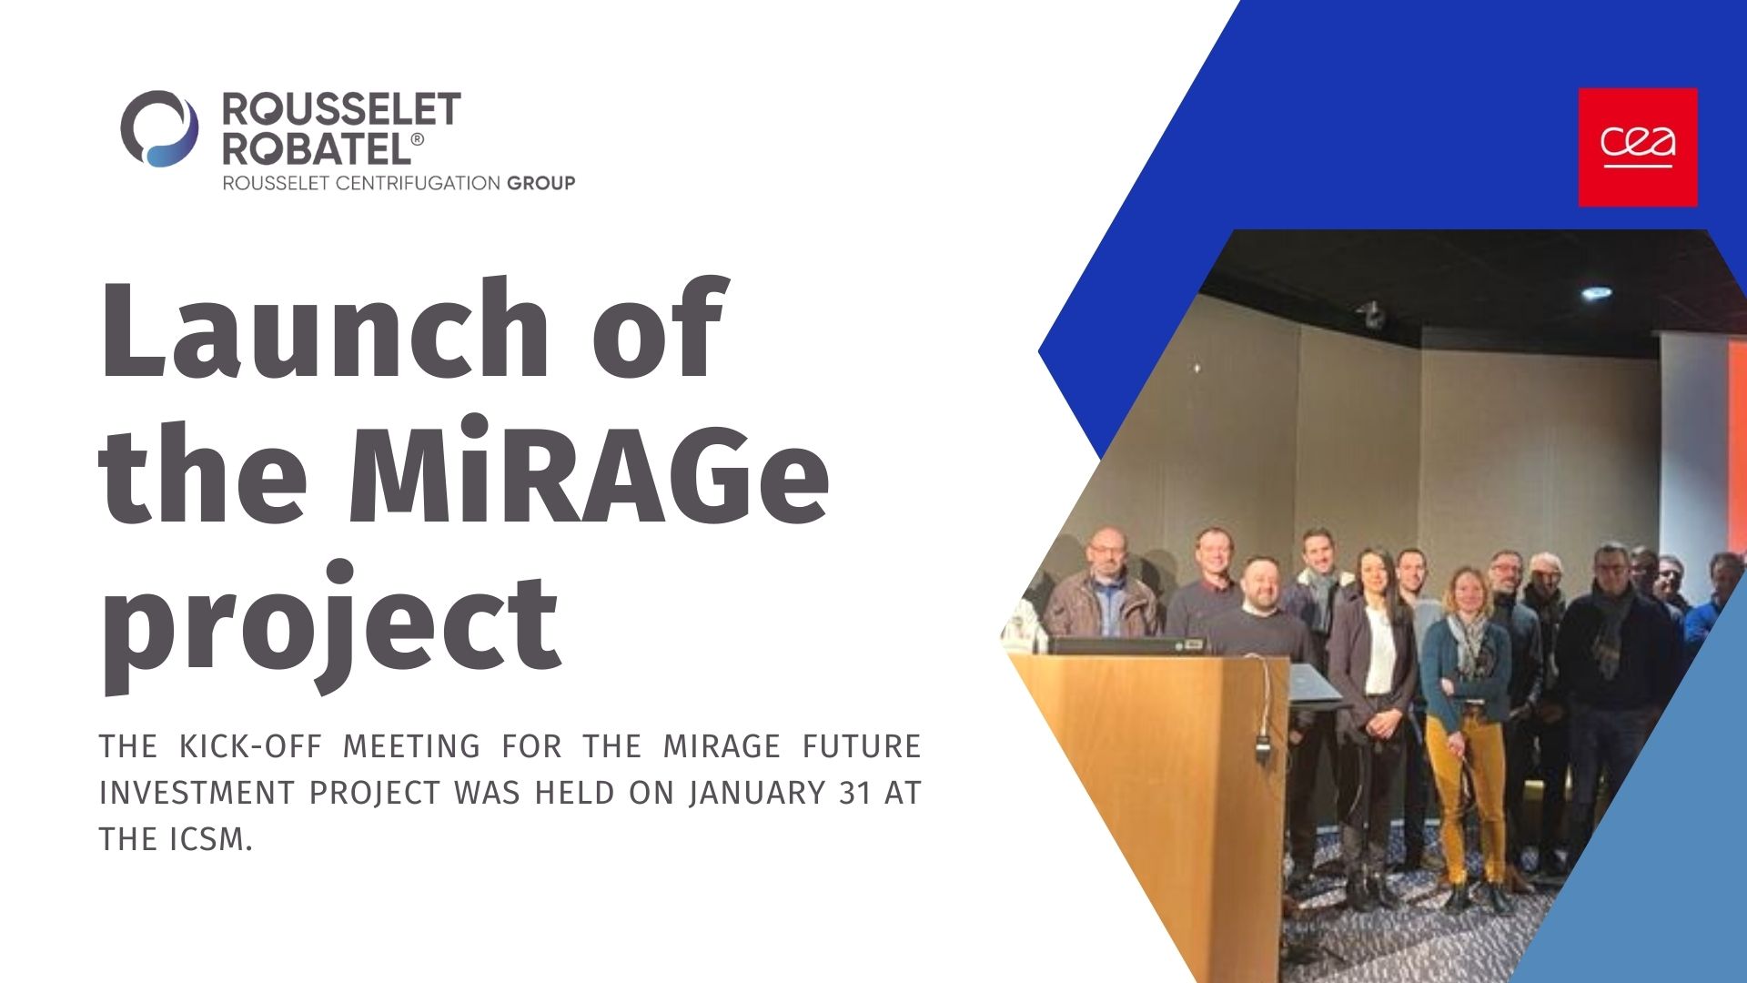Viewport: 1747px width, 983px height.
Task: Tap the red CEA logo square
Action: (x=1638, y=147)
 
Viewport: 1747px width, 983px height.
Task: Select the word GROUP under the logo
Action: (x=540, y=183)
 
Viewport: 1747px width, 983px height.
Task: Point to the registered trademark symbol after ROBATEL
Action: (x=417, y=139)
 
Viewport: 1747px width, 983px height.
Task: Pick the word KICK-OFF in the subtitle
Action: (x=250, y=746)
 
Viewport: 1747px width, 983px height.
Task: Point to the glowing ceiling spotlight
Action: (x=1596, y=293)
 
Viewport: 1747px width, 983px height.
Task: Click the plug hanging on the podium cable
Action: (x=1263, y=748)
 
